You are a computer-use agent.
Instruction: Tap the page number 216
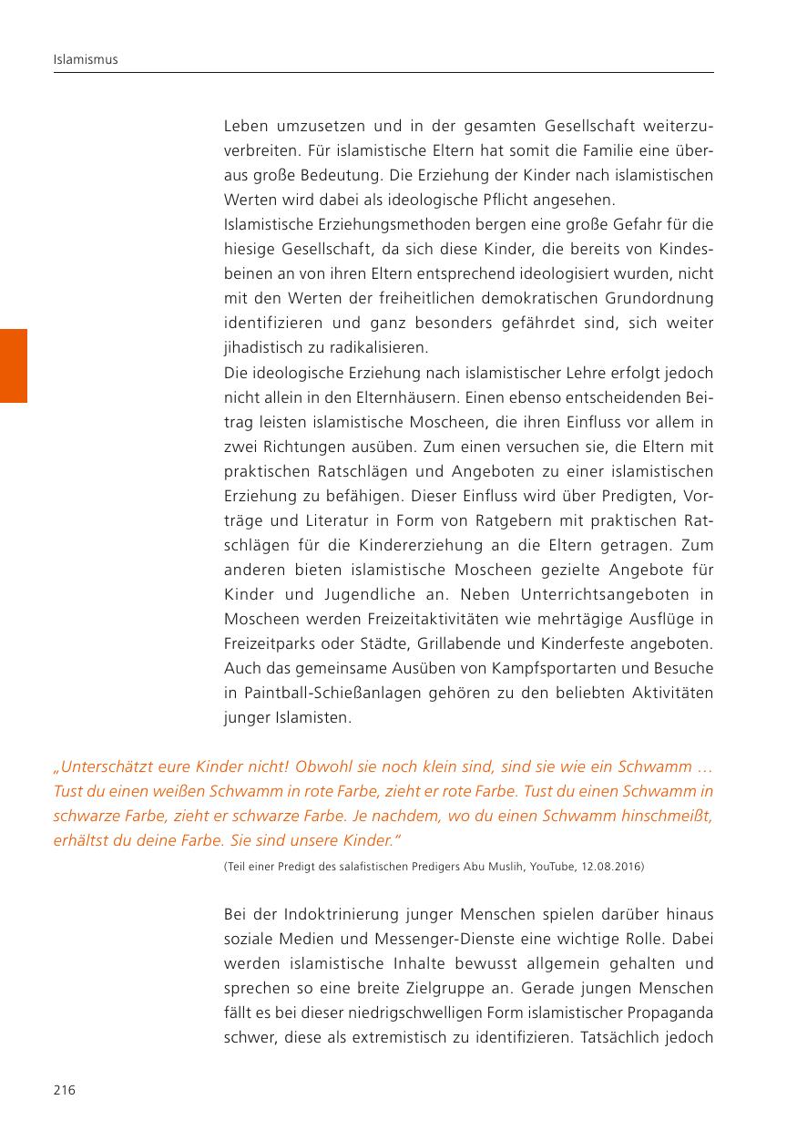tap(64, 1090)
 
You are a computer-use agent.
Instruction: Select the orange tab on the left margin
tap(14, 365)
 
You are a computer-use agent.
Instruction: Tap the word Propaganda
tap(668, 1013)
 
